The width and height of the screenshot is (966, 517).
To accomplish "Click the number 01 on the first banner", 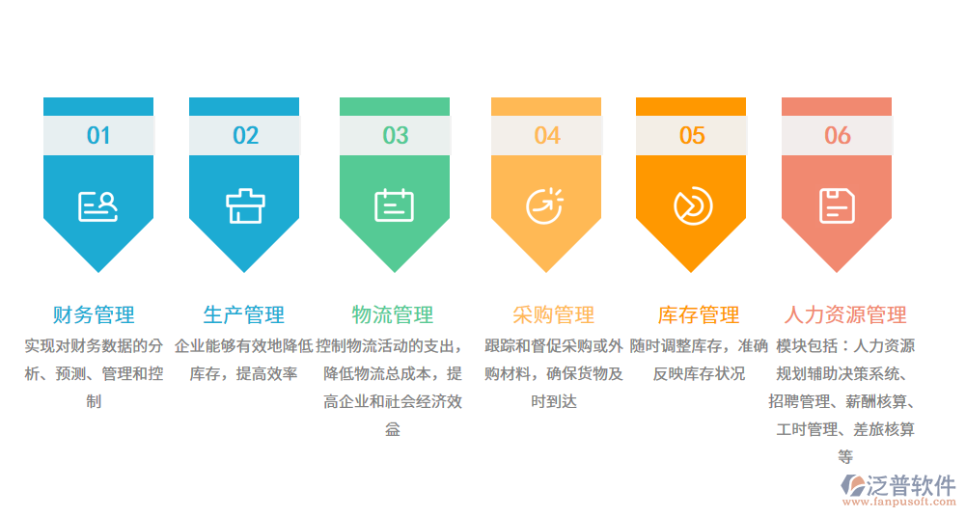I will [98, 136].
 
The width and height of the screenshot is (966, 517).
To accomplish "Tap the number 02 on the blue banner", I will [245, 136].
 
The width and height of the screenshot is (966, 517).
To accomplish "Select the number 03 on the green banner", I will [396, 136].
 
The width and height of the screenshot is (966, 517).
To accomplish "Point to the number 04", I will [547, 136].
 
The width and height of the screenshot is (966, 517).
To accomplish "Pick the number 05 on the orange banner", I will [692, 136].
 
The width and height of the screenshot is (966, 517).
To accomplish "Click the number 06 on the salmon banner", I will [838, 136].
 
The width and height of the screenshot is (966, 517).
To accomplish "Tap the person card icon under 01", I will [98, 205].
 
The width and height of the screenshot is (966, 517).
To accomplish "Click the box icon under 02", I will [245, 205].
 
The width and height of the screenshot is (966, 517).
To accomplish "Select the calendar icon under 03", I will [395, 205].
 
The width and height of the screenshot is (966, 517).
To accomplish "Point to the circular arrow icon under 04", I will [545, 205].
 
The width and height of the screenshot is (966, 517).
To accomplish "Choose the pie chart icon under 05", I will [692, 205].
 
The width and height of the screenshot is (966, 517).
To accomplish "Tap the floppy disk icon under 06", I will [838, 205].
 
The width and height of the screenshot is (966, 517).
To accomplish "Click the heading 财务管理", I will [94, 314].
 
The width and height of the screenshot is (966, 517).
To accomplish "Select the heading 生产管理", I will [244, 314].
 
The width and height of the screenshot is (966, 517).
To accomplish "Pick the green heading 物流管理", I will [393, 314].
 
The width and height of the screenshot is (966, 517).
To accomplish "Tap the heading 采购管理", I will [554, 314].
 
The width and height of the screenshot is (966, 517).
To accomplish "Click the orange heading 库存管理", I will [699, 314].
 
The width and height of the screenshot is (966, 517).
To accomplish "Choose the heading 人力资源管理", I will [845, 314].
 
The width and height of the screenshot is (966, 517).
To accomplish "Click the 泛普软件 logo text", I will [912, 484].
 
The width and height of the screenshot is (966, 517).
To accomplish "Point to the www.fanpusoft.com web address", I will [898, 503].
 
